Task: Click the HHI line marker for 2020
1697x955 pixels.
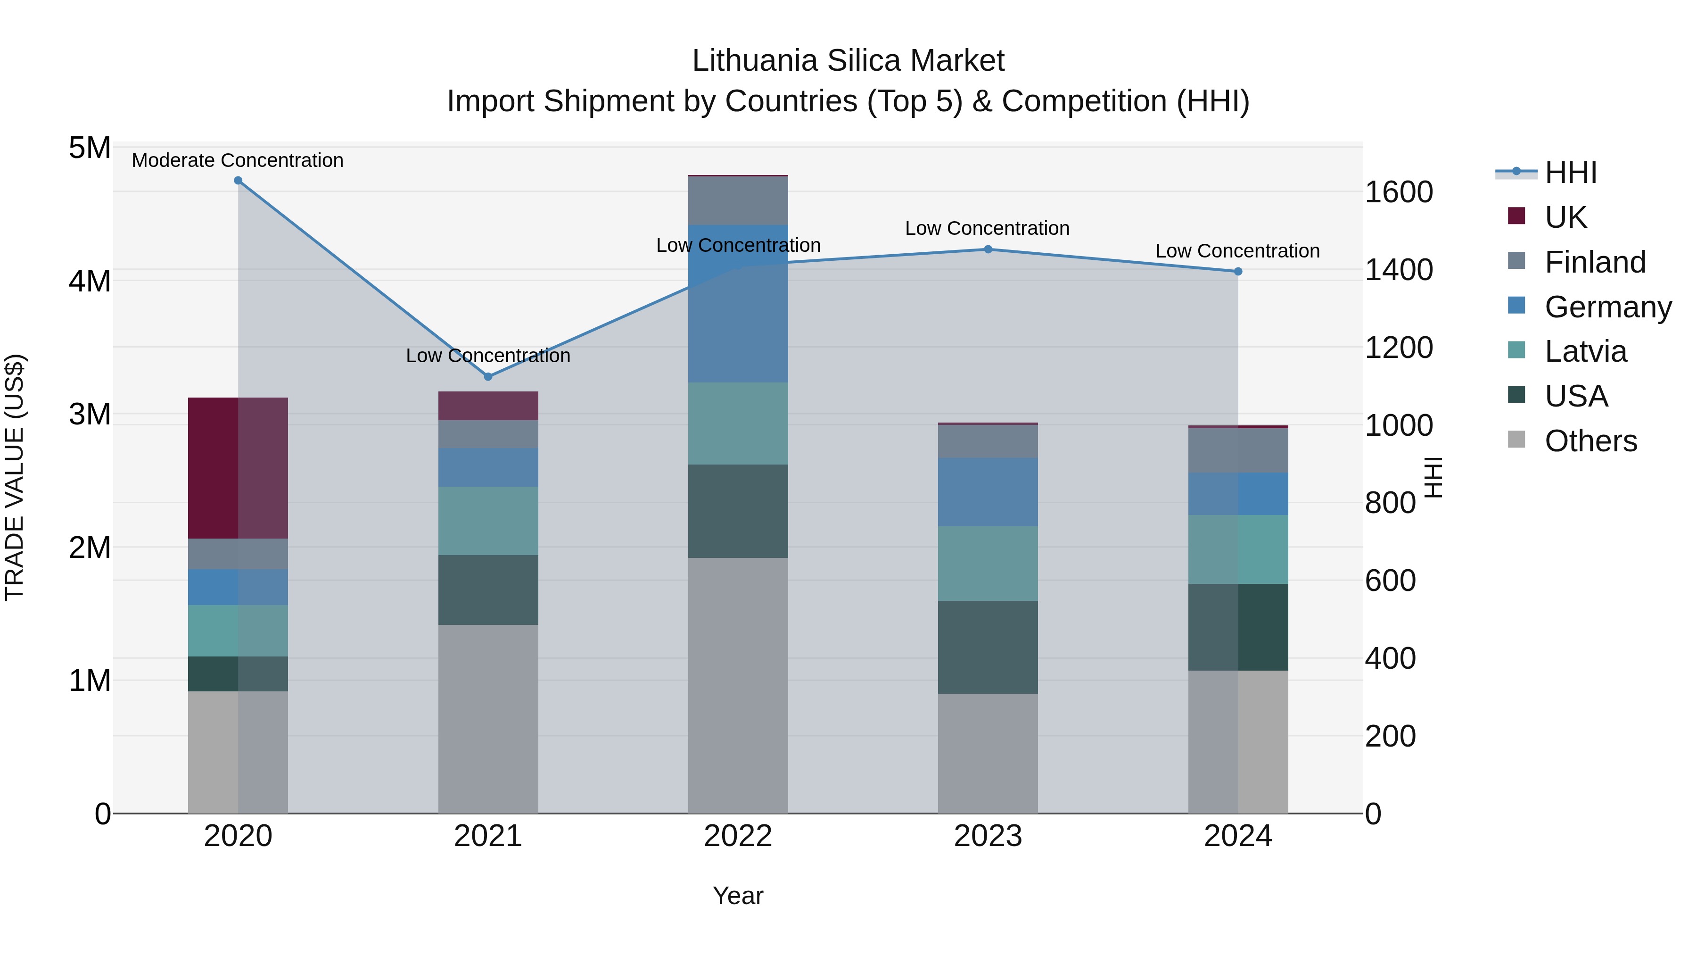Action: pyautogui.click(x=238, y=181)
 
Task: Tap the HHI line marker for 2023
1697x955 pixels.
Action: pyautogui.click(x=988, y=249)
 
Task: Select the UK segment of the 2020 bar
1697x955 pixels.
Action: pyautogui.click(x=238, y=468)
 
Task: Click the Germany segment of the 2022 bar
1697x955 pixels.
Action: pyautogui.click(x=738, y=303)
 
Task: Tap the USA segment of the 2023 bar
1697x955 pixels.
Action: pyautogui.click(x=988, y=647)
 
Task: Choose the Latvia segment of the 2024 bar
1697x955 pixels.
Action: pyautogui.click(x=1238, y=549)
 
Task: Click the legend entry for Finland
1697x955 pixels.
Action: pyautogui.click(x=1594, y=262)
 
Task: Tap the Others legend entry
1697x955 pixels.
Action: pyautogui.click(x=1590, y=441)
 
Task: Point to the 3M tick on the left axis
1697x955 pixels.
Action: pyautogui.click(x=90, y=415)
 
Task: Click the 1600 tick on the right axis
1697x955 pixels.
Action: pyautogui.click(x=1399, y=192)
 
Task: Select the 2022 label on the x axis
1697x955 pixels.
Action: pyautogui.click(x=738, y=836)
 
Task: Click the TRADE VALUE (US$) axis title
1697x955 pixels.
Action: pyautogui.click(x=15, y=478)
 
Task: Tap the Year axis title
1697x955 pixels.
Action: pyautogui.click(x=738, y=896)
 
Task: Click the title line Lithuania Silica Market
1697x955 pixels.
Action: pyautogui.click(x=848, y=61)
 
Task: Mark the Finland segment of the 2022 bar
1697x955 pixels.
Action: pyautogui.click(x=738, y=200)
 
